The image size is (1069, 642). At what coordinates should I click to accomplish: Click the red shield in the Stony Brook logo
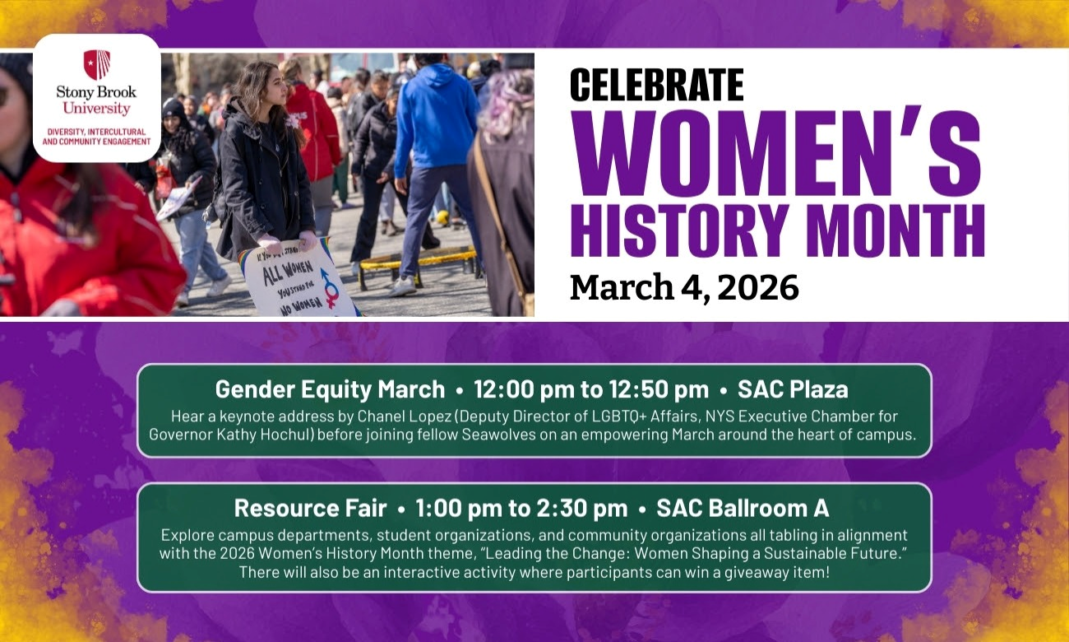point(97,64)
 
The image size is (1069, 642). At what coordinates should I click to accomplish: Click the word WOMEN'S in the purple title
point(777,152)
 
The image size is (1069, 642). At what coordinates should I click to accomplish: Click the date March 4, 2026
point(684,287)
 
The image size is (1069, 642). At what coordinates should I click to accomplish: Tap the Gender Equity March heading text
point(330,388)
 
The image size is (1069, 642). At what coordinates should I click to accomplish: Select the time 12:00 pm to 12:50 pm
point(591,388)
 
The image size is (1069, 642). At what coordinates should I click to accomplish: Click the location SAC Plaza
point(793,388)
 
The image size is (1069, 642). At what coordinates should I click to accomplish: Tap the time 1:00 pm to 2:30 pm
point(521,507)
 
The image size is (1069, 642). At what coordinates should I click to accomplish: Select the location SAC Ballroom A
point(742,507)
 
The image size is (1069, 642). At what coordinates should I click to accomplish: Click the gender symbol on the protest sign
point(330,288)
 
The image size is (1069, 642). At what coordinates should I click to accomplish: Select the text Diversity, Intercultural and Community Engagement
point(97,137)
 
